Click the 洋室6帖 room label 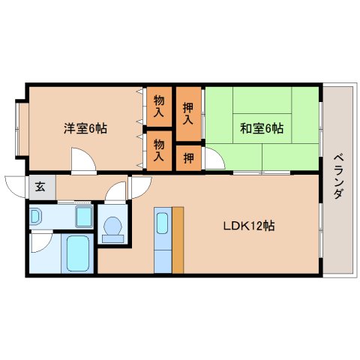coord(85,127)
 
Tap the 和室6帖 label coord(262,127)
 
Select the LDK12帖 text coord(247,225)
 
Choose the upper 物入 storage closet coord(159,105)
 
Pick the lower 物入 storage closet coord(159,149)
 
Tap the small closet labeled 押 coord(188,159)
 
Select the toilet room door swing coord(116,193)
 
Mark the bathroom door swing coord(41,241)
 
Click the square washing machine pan coord(83,217)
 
